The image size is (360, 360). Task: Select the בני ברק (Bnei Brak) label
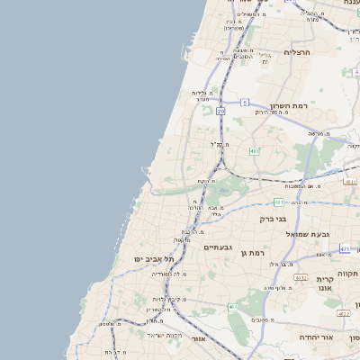(x=273, y=219)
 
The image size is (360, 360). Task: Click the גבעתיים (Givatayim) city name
(x=219, y=247)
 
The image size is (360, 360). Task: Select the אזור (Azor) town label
(x=200, y=338)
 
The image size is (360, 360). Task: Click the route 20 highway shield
(x=220, y=111)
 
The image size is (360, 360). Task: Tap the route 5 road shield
(x=244, y=103)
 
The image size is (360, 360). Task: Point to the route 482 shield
(x=255, y=151)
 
